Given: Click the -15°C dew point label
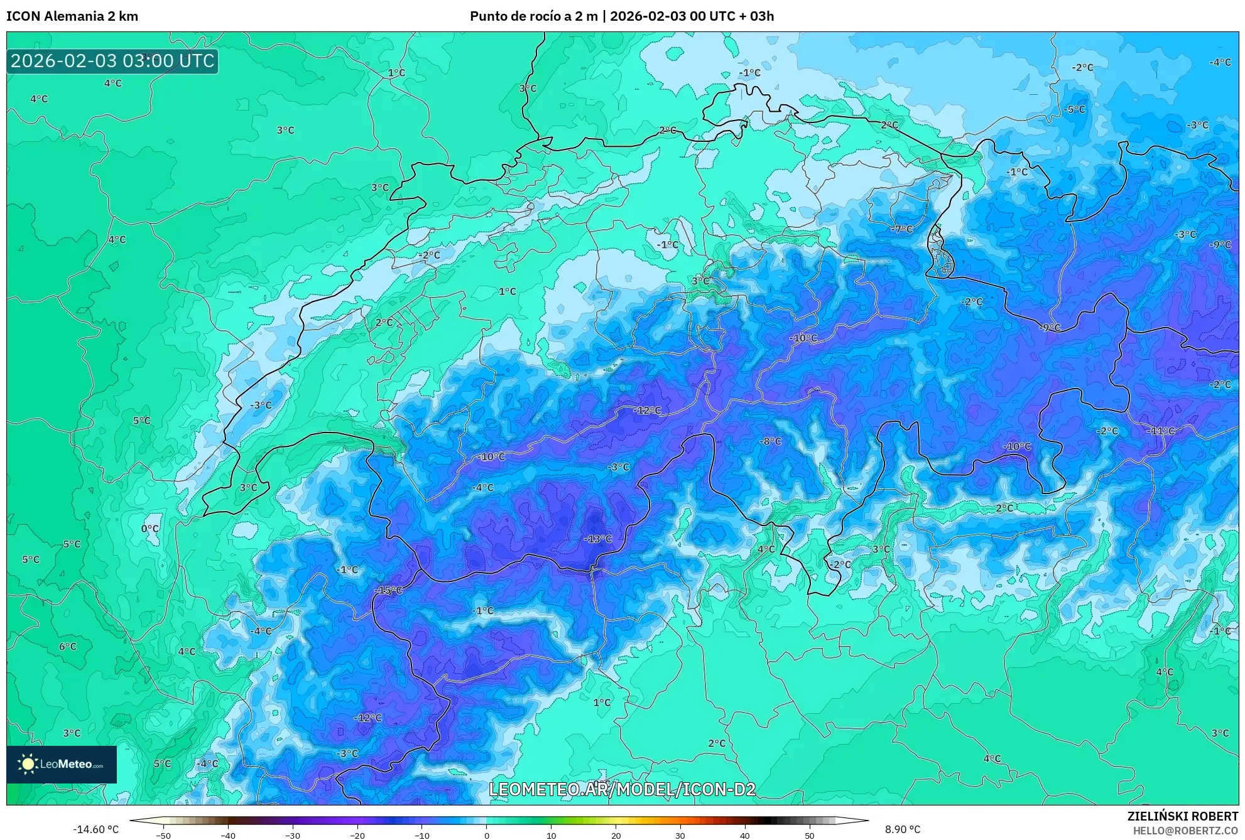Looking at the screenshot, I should [x=388, y=590].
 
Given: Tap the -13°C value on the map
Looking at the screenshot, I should [x=597, y=539].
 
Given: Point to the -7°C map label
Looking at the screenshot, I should [x=901, y=229].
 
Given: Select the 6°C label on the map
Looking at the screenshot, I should [x=68, y=646].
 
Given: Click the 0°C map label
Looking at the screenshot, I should [x=150, y=529].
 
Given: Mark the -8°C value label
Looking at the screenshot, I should [x=770, y=441].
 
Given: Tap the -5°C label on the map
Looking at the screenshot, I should [x=1074, y=109].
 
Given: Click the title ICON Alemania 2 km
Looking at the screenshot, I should [x=72, y=16].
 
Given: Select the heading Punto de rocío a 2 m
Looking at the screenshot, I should [x=534, y=16].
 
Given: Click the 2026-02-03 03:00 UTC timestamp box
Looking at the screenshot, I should [x=112, y=61].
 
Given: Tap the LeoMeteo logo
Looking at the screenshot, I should [x=62, y=764].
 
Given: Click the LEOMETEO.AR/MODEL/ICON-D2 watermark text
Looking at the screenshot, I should [x=622, y=789].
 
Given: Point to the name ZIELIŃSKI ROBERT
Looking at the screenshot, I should [x=1183, y=816].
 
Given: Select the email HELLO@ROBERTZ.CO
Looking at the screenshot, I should [x=1185, y=831].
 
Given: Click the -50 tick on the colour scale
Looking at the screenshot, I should [x=163, y=836].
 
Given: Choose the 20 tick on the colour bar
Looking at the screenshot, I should [x=616, y=836].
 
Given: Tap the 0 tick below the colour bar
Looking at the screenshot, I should [x=486, y=836].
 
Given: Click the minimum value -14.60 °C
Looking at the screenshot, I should [x=96, y=829].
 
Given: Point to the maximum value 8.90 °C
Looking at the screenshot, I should [x=903, y=829].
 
